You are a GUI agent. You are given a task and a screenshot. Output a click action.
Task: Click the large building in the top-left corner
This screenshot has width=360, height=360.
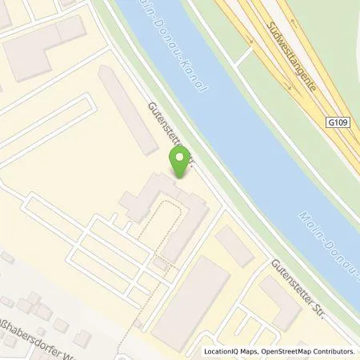tap(44, 44)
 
